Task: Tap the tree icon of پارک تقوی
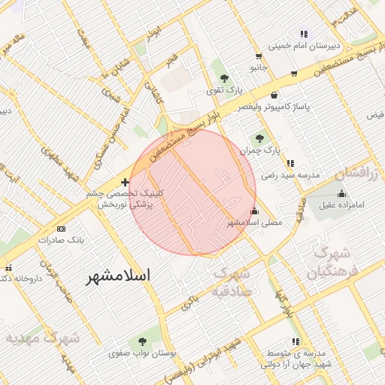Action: pos(223,77)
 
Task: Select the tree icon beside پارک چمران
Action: pos(260,138)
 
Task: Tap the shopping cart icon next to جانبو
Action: pos(259,56)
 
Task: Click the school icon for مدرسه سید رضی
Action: pos(290,162)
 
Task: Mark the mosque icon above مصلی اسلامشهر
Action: pos(253,211)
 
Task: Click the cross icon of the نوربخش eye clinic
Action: pos(125,182)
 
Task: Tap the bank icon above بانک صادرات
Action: pos(61,229)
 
